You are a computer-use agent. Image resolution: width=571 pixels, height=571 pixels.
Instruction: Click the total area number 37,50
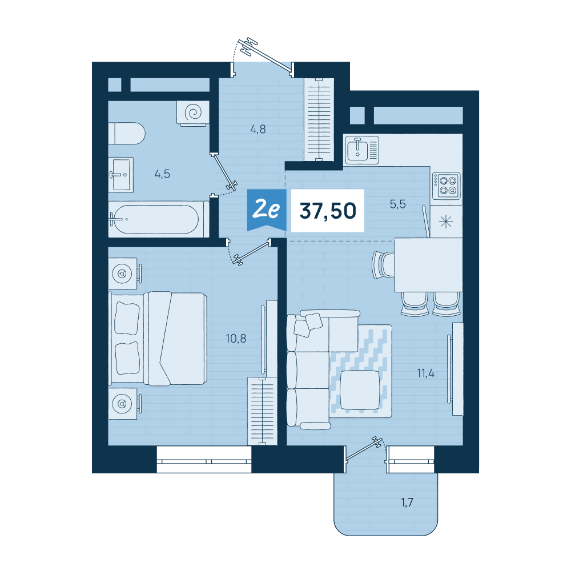[328, 211]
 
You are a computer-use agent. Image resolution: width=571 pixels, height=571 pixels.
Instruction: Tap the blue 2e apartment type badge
[267, 210]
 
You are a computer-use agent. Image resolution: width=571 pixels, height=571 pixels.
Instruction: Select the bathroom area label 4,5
[162, 174]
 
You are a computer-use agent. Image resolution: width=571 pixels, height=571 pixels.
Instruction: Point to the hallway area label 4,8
[258, 129]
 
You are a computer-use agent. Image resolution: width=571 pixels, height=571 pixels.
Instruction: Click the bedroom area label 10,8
[236, 339]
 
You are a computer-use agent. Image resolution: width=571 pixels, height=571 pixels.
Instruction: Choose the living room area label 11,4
[426, 373]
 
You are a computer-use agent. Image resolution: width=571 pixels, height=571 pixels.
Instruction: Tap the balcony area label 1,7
[407, 502]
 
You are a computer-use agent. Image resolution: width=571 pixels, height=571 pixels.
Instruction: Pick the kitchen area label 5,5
[397, 204]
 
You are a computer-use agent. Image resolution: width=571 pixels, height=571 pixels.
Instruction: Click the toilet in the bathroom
[127, 133]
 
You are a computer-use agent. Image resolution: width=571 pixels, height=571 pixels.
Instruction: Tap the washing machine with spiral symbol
[193, 113]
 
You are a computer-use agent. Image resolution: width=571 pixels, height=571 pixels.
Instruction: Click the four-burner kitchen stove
[447, 186]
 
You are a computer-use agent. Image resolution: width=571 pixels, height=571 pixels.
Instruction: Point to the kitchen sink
[362, 150]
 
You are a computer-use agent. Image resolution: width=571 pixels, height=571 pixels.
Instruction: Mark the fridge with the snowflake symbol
[446, 222]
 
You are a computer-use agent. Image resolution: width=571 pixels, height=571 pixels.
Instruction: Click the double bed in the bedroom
[158, 338]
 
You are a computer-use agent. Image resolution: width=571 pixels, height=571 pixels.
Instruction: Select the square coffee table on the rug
[360, 390]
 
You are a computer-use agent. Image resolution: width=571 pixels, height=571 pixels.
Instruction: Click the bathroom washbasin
[121, 175]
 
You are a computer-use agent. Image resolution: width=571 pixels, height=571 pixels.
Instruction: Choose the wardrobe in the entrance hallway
[319, 119]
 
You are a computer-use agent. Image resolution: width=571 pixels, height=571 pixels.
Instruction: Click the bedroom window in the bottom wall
[204, 459]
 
